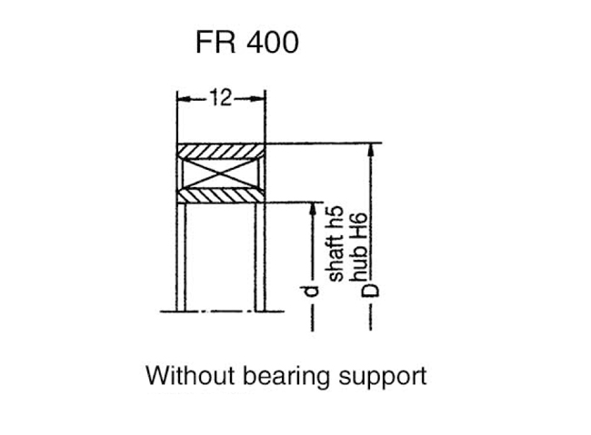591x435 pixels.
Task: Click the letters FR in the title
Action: click(216, 42)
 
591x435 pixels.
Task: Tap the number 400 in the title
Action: click(273, 42)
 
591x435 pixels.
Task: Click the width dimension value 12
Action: click(221, 97)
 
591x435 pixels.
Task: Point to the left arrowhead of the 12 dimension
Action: click(184, 99)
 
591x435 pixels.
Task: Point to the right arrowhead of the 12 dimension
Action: click(258, 99)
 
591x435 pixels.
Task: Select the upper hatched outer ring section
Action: click(221, 152)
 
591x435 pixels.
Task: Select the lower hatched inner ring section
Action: click(221, 195)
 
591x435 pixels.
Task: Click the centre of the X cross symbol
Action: click(221, 173)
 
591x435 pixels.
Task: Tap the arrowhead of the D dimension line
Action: click(371, 150)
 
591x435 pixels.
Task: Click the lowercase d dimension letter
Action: click(310, 292)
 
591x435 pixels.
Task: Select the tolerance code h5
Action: click(336, 216)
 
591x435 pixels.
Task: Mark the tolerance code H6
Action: click(358, 227)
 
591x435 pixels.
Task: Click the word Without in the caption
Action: click(190, 375)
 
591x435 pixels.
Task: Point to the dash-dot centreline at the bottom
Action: click(222, 311)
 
